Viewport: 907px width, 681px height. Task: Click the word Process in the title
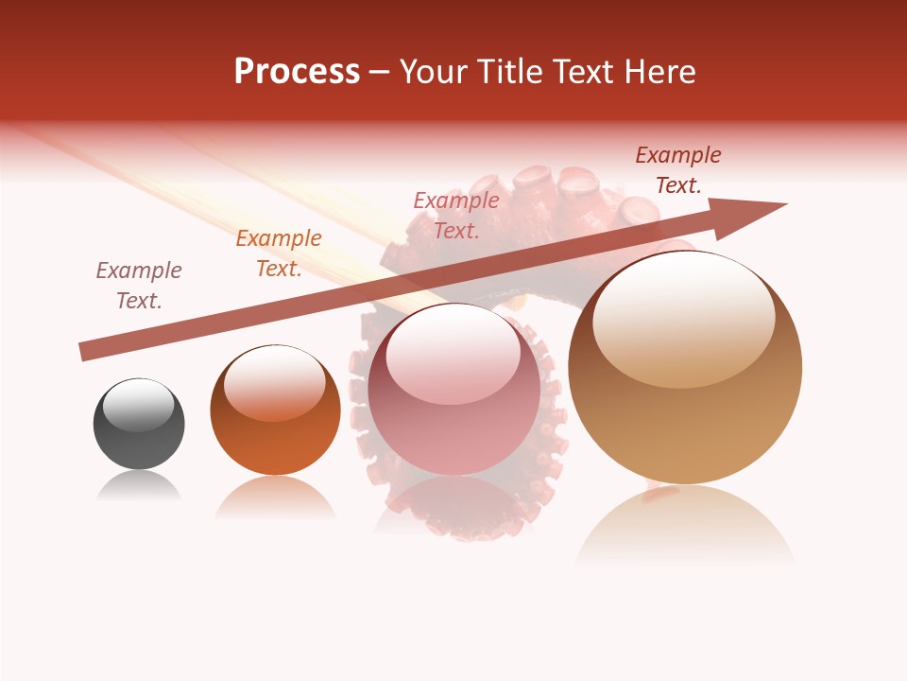click(297, 72)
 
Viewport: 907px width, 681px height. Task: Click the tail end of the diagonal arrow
click(83, 352)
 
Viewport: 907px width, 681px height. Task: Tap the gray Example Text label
click(139, 286)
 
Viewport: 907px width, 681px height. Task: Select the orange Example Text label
click(279, 253)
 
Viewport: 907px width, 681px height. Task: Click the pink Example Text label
click(456, 215)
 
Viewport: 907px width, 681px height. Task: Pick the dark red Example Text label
click(678, 170)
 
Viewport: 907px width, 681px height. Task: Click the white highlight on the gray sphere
click(139, 405)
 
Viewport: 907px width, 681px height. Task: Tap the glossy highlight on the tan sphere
click(684, 317)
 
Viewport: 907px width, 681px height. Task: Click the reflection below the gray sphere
click(139, 487)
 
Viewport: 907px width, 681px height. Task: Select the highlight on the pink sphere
click(453, 357)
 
